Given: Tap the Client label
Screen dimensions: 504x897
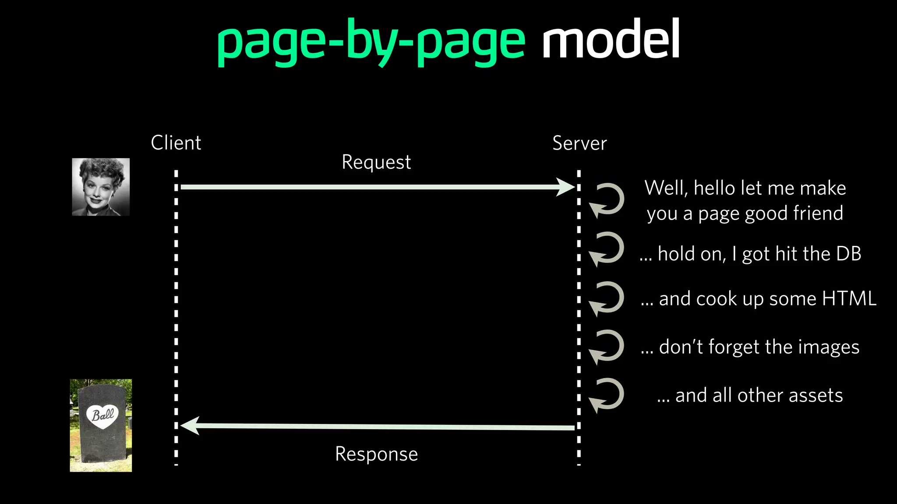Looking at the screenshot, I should point(176,143).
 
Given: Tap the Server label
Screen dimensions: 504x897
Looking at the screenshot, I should point(579,143).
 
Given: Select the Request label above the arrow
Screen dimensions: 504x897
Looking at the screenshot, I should point(376,162).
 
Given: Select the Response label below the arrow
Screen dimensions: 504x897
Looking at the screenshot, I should point(376,454).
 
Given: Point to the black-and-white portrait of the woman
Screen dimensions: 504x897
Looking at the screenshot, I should point(101,187).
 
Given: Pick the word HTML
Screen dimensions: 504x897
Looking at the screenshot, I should point(849,299).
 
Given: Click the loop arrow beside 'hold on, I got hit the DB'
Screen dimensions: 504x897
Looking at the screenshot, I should point(607,249).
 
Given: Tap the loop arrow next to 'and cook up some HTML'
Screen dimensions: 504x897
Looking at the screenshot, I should point(607,298).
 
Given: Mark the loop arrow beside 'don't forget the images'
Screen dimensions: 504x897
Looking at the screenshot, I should point(607,347).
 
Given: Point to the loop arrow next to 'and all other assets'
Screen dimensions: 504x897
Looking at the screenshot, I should point(607,395).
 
